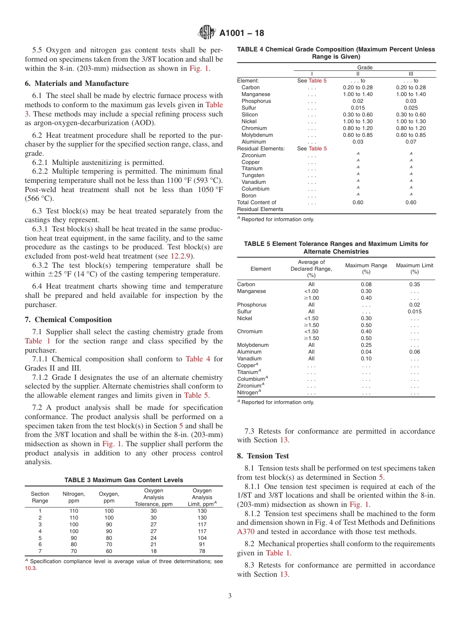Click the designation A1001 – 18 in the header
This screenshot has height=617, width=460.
point(242,33)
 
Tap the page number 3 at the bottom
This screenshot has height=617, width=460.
point(230,596)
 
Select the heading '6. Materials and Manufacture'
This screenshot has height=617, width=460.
point(77,83)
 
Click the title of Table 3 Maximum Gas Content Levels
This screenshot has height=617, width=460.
point(123,480)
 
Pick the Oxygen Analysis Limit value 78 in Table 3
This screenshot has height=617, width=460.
point(202,552)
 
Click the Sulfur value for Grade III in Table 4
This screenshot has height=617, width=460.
point(411,108)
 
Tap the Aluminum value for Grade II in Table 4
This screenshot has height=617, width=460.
point(357,142)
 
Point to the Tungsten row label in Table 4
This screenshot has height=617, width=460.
point(253,175)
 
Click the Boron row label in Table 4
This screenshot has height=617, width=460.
point(249,195)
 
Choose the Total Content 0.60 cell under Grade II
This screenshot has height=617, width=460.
point(357,202)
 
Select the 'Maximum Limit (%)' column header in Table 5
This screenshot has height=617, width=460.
point(414,269)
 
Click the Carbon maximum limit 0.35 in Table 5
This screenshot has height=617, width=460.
point(414,284)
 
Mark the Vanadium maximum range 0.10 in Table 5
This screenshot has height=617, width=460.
point(366,358)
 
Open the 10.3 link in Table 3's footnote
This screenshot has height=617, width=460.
point(30,568)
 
